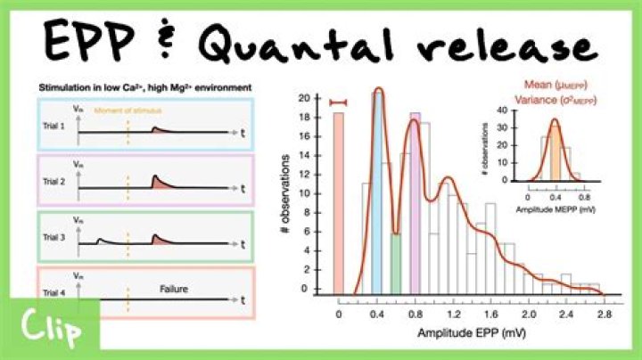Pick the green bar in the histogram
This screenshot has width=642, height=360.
click(x=395, y=263)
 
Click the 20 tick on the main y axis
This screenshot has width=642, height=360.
click(x=305, y=98)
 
